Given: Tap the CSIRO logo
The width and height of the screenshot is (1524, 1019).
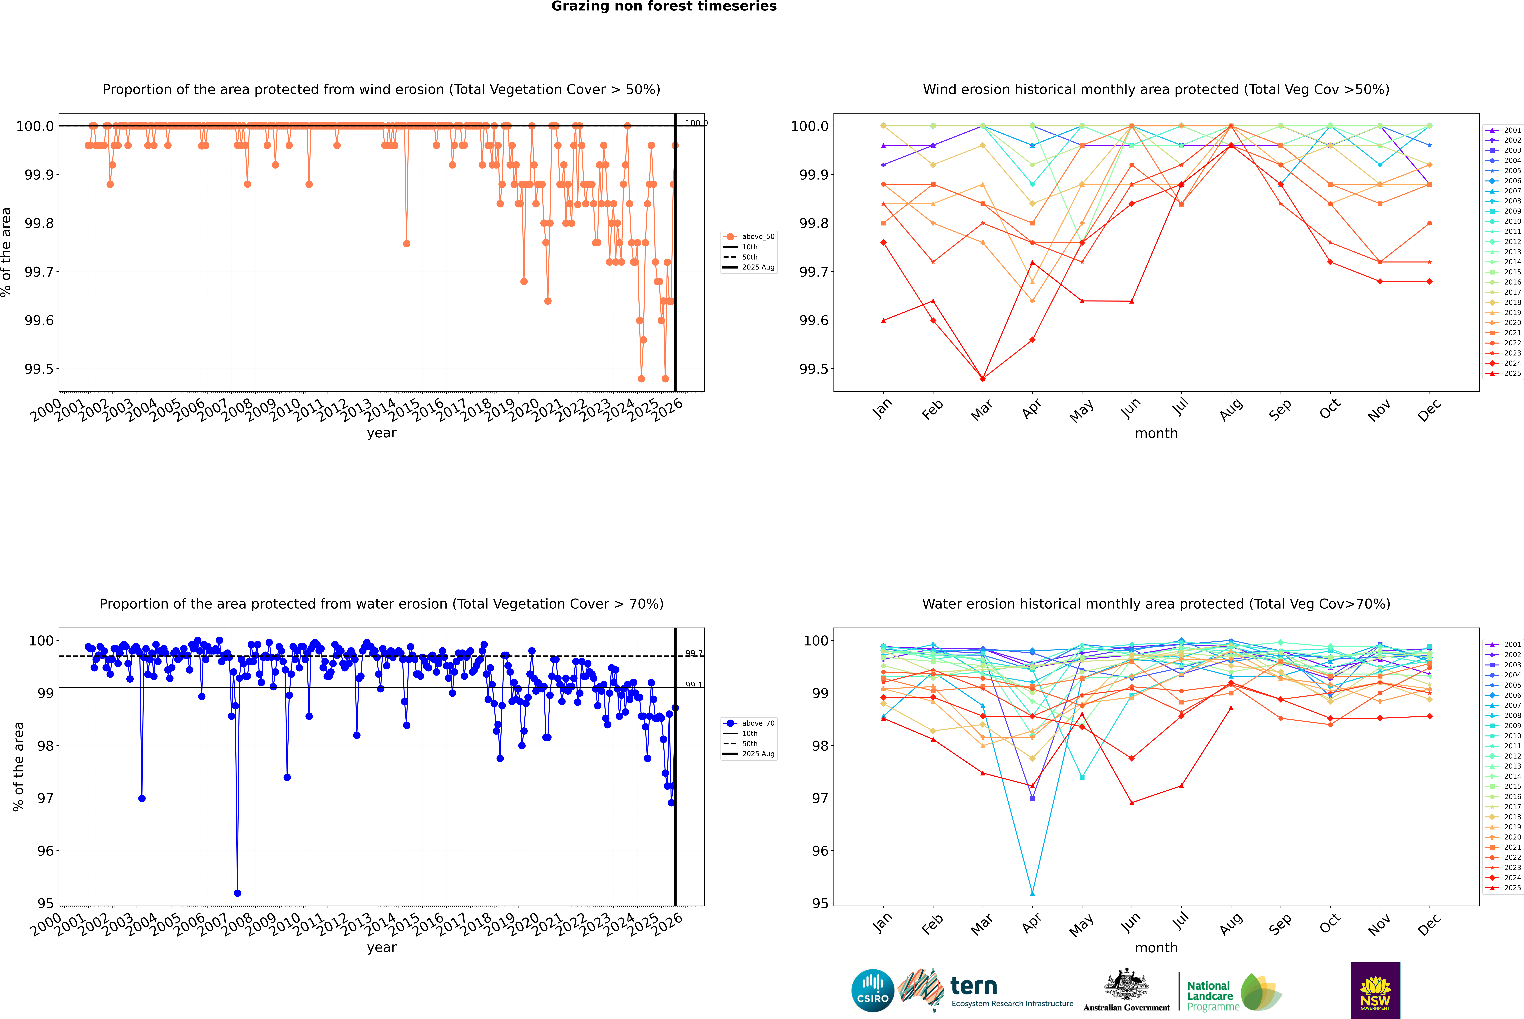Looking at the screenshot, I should pos(873,990).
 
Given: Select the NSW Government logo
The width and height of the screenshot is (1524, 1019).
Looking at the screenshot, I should pos(1375,990).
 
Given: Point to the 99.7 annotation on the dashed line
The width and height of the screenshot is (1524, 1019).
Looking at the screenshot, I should pos(694,653).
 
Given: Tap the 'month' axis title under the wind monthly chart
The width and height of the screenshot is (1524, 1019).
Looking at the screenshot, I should pos(1156,434).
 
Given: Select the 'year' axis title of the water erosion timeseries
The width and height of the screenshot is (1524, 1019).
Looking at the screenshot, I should pos(381,948).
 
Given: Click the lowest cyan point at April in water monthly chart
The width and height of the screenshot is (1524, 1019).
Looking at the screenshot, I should pos(1032,893).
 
